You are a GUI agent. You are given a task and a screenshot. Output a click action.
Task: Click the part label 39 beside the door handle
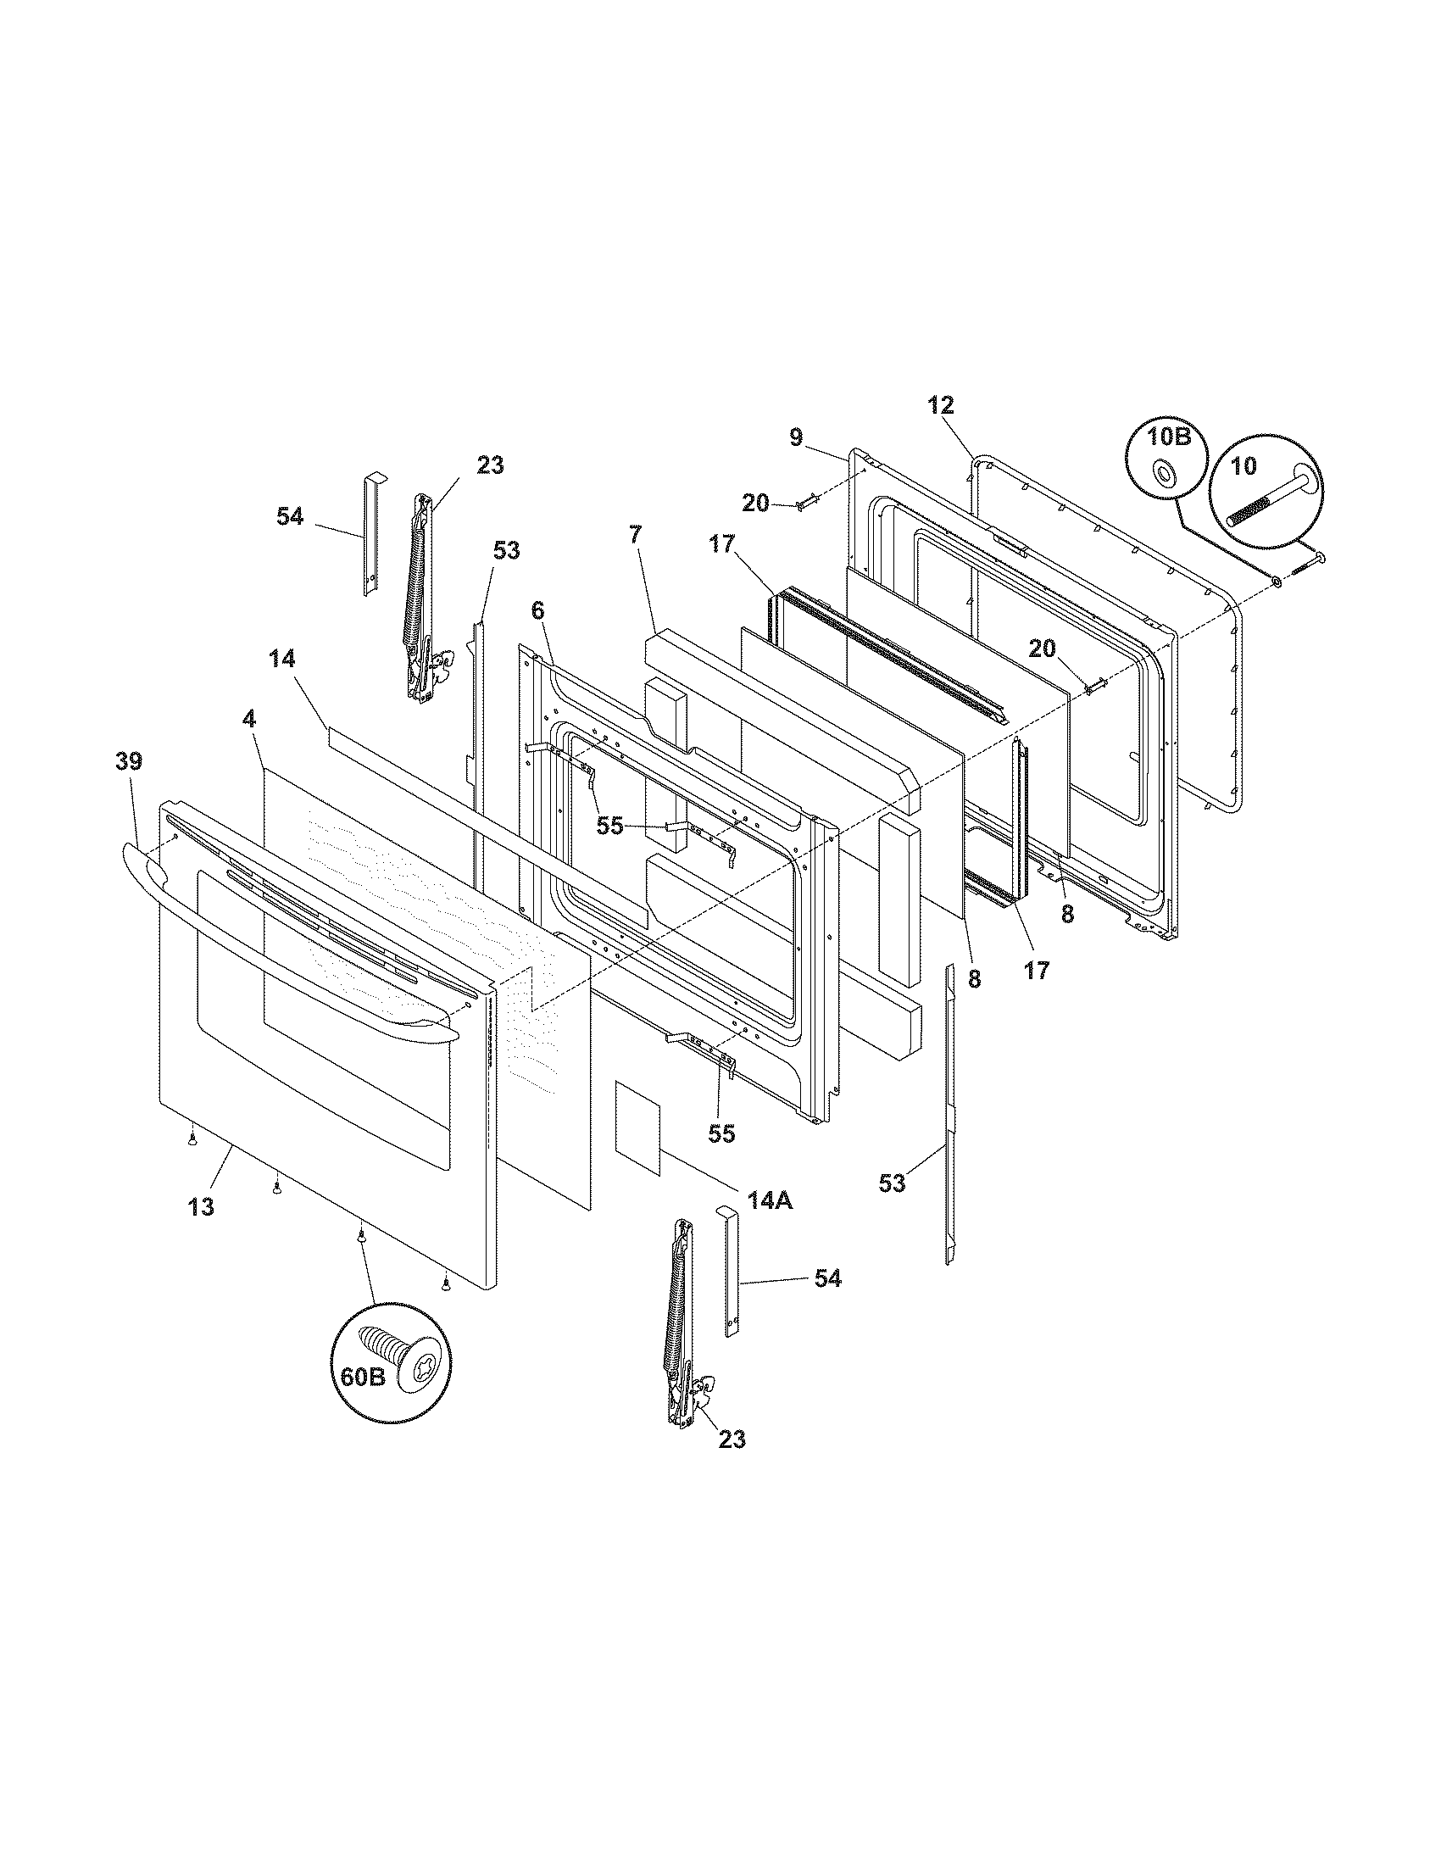click(x=129, y=761)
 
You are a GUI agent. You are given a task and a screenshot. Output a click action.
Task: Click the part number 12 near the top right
click(x=941, y=404)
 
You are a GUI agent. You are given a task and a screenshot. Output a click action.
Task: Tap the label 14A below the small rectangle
click(x=770, y=1199)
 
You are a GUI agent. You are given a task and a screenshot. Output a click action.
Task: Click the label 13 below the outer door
click(x=202, y=1207)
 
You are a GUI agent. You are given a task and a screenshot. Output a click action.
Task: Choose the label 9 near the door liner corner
click(x=796, y=437)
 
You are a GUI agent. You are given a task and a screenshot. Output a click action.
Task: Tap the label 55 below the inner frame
click(x=721, y=1133)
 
